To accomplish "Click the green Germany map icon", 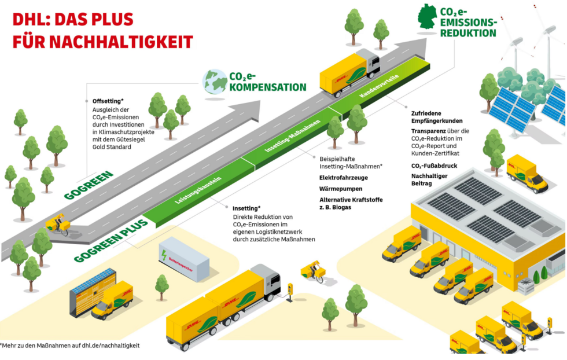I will pos(428,18).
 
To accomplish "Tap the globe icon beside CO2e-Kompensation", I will pos(213,82).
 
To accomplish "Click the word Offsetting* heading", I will pos(108,101).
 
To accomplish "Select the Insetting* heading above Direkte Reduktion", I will pos(246,208).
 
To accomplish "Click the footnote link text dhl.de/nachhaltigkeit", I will pos(111,346).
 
